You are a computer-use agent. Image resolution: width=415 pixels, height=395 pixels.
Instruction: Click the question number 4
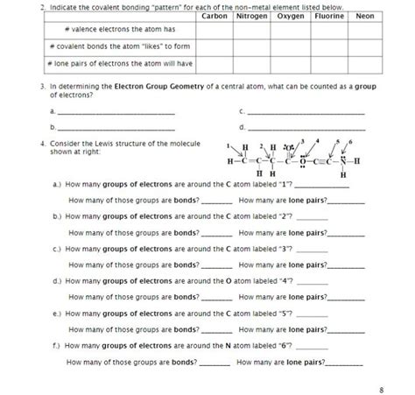coord(43,142)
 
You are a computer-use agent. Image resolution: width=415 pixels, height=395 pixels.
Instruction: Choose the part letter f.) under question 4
coord(57,346)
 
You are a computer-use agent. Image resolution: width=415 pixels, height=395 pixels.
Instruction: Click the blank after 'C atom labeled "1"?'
coord(317,187)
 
